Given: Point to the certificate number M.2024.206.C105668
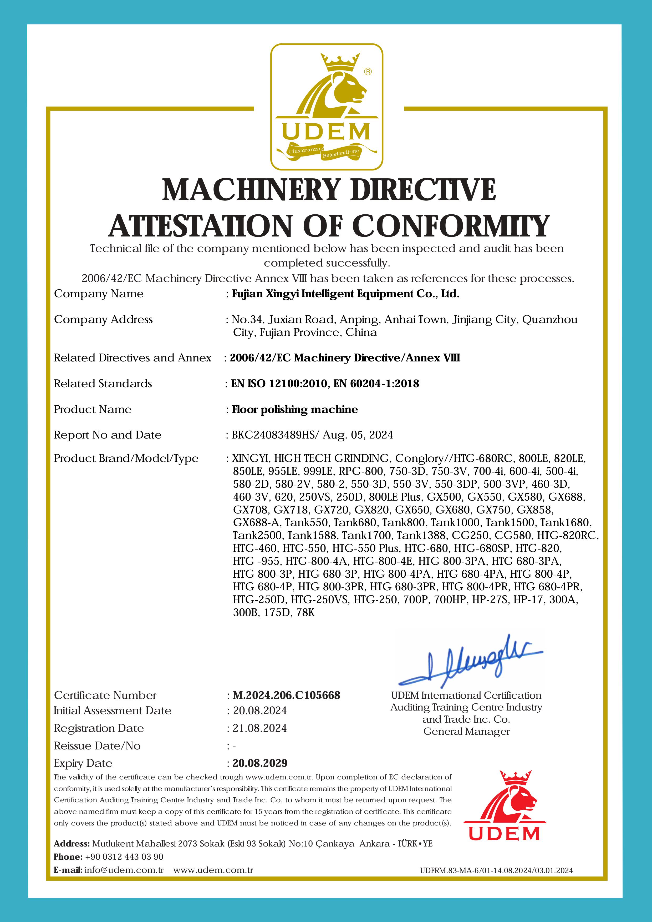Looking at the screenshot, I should (x=286, y=696).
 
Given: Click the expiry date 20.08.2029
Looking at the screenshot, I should (x=260, y=763).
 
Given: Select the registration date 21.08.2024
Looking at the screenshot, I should (x=260, y=728).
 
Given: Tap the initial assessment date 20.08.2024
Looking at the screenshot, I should (x=260, y=711).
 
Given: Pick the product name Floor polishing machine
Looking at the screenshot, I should (x=295, y=409).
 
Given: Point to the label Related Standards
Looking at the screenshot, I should (x=103, y=384).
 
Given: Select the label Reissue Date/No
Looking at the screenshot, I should (x=97, y=746).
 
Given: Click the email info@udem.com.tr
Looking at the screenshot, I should (x=124, y=870).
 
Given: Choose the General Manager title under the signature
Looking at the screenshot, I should (x=466, y=732).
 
